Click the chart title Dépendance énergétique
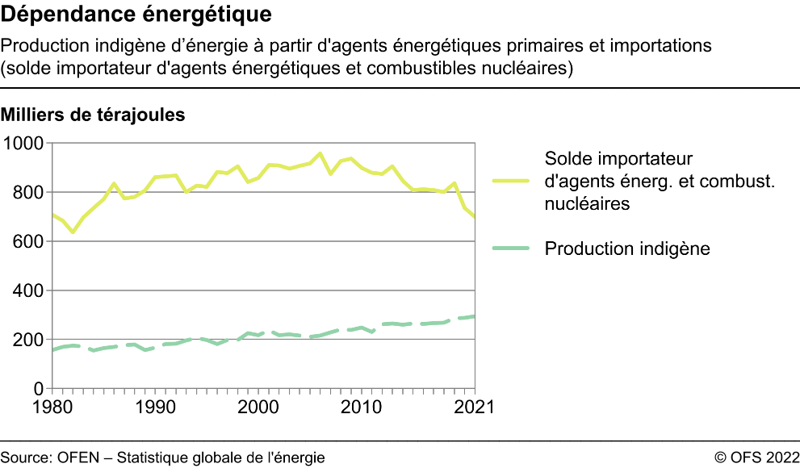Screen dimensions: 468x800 [136, 15]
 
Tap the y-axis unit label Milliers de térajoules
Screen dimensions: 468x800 [94, 115]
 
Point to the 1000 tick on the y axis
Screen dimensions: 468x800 [24, 144]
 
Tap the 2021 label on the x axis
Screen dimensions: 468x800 [473, 406]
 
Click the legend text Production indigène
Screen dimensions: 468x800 [627, 249]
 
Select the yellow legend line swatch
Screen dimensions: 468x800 [511, 182]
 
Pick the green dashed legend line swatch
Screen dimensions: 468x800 [511, 249]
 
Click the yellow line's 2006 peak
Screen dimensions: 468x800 [320, 153]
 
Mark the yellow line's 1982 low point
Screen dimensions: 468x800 [73, 232]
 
